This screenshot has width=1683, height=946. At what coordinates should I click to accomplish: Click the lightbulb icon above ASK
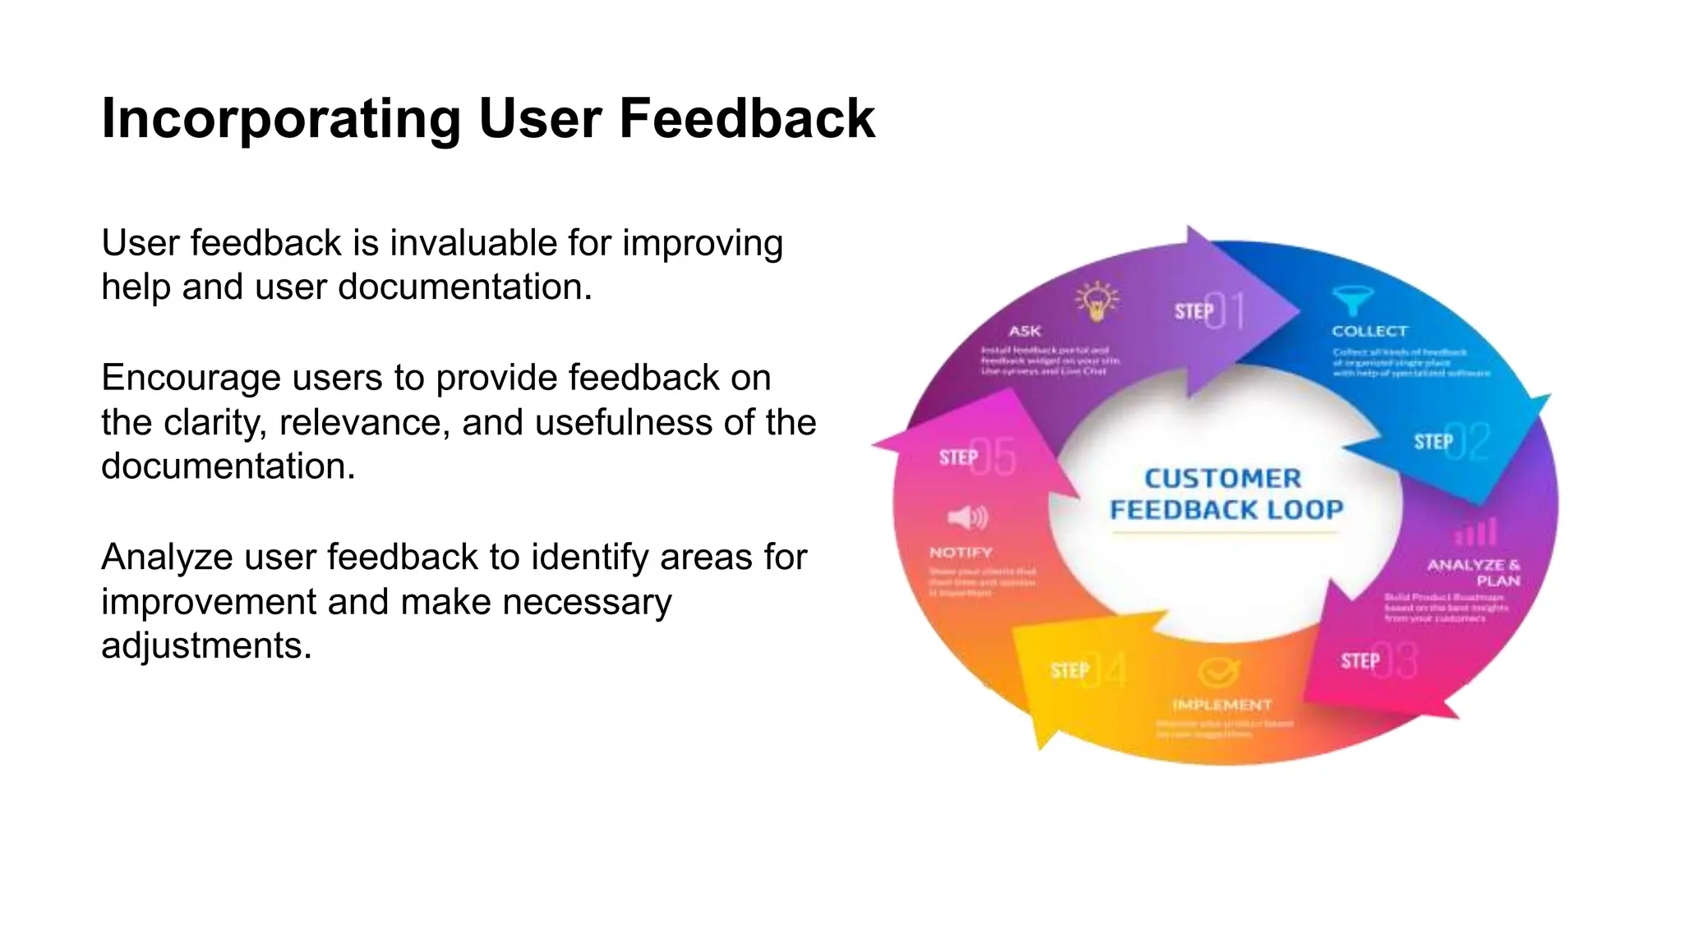[x=1097, y=301]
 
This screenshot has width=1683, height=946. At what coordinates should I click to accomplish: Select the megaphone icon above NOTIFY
[x=967, y=517]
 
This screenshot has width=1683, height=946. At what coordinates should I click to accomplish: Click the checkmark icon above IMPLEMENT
[x=1218, y=672]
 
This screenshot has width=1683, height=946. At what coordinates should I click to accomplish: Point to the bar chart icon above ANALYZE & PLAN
[x=1476, y=532]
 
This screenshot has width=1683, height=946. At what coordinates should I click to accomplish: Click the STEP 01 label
[x=1210, y=311]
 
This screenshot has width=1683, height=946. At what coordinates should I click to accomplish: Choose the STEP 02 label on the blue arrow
[x=1451, y=442]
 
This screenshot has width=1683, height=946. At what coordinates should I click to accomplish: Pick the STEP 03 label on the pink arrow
[x=1378, y=661]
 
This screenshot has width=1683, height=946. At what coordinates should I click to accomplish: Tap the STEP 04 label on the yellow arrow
[x=1088, y=671]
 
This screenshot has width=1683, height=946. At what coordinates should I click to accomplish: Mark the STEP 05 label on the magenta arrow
[x=977, y=457]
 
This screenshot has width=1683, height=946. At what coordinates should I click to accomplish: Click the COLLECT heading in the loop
[x=1369, y=331]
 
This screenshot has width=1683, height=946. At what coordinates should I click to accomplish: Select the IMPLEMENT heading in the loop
[x=1222, y=705]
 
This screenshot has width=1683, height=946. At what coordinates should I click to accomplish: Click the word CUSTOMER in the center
[x=1223, y=478]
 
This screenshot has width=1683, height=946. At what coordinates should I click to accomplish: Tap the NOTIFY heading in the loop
[x=961, y=553]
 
